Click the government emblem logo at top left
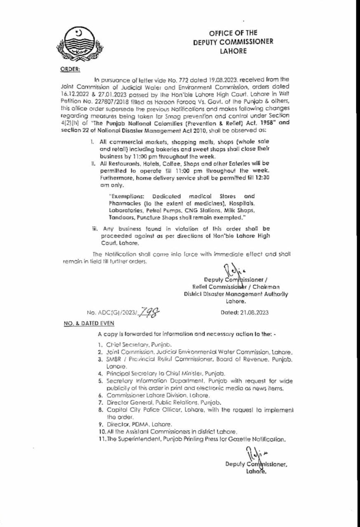(77, 43)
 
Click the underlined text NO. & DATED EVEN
(88, 324)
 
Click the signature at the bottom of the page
(252, 455)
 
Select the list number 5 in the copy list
(100, 381)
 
